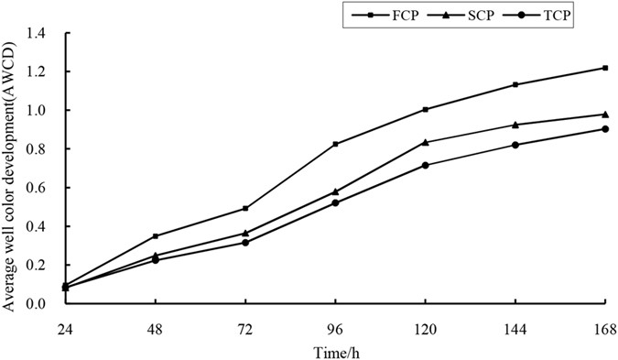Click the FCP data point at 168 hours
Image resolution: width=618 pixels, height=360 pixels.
click(605, 68)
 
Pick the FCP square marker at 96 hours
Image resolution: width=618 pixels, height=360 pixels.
click(335, 144)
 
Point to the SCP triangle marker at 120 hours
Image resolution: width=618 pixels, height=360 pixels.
click(425, 142)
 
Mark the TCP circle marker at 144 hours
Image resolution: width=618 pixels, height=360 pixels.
click(515, 145)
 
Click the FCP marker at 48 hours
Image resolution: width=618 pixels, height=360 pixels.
click(155, 236)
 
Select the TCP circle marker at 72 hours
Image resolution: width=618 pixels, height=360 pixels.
click(245, 242)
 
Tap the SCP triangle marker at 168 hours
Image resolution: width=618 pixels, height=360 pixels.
click(605, 114)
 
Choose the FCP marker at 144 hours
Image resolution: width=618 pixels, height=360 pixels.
click(515, 84)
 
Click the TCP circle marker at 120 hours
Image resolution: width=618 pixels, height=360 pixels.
click(425, 165)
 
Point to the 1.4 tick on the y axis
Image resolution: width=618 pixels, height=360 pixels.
click(43, 33)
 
